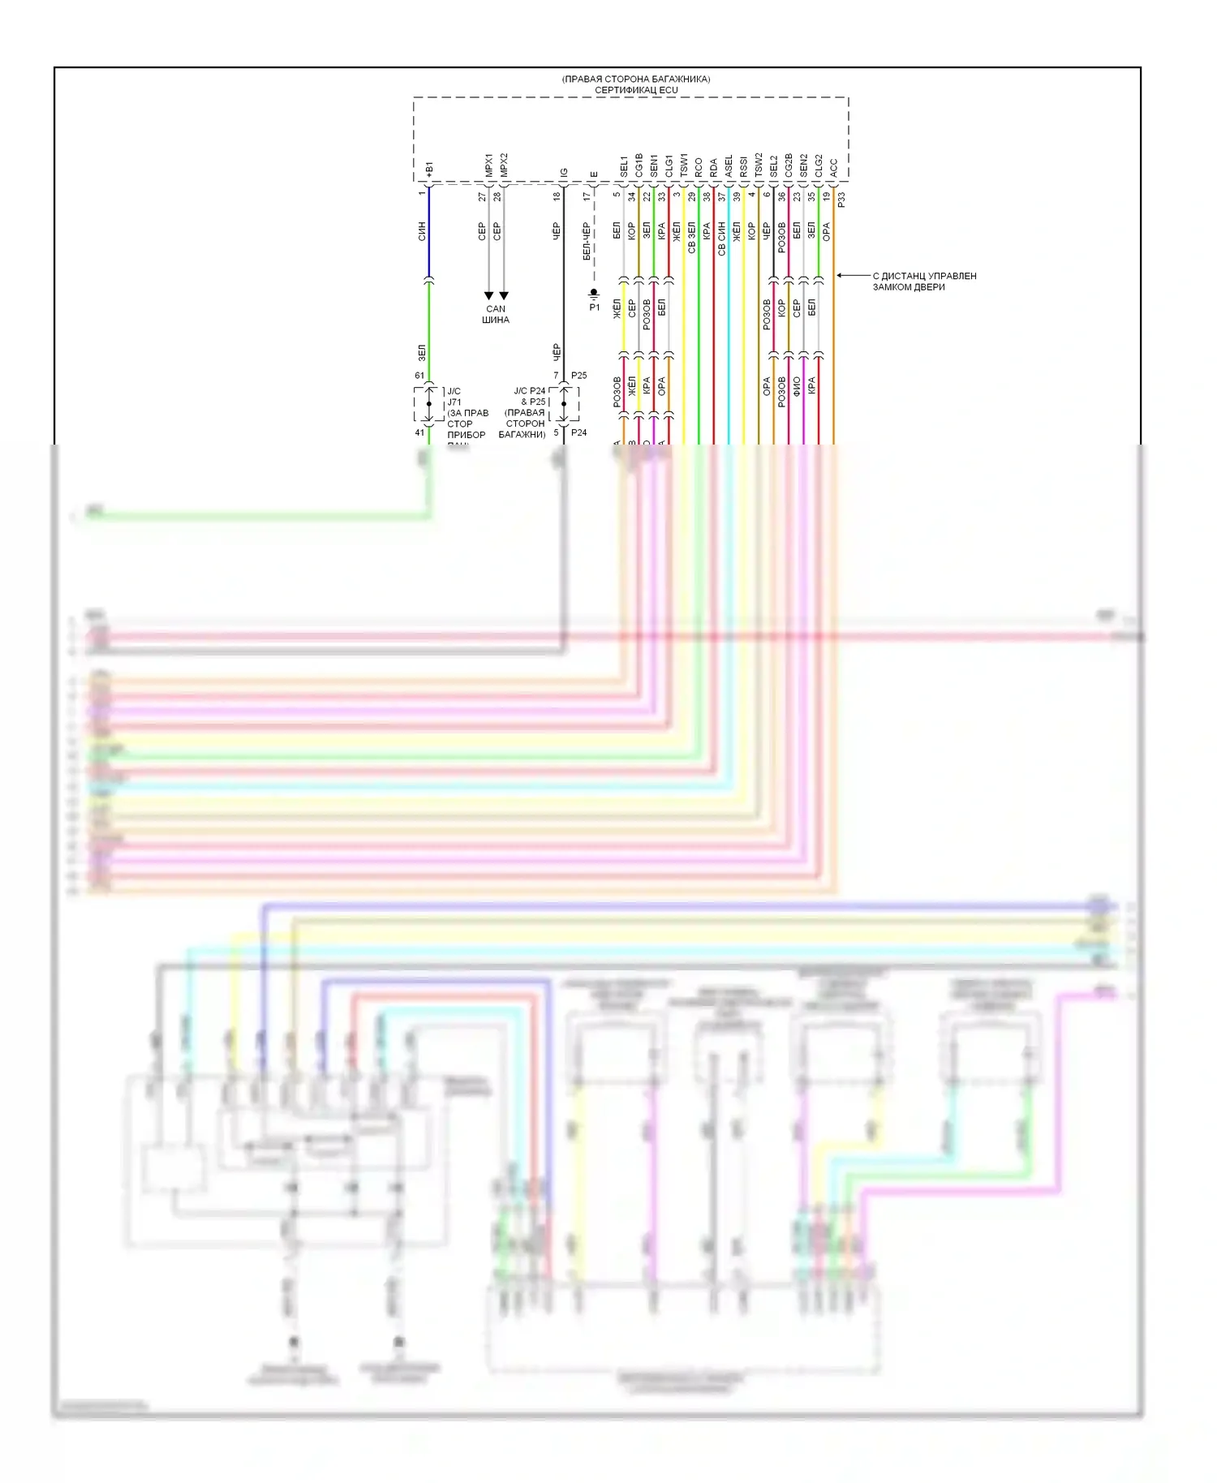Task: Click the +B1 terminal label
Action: coord(429,169)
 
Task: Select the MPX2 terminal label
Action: coord(504,165)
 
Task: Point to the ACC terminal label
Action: coord(834,168)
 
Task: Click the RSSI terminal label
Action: coord(744,166)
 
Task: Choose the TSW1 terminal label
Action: coord(684,165)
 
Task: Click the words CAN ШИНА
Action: coord(496,314)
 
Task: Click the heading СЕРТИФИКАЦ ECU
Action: coord(636,90)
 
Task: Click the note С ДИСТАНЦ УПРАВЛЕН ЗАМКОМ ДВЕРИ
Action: coord(924,282)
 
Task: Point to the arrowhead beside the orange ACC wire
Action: coord(840,276)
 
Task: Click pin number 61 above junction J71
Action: coord(419,376)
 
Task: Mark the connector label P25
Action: coord(578,376)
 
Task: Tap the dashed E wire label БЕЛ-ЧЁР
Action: coord(587,242)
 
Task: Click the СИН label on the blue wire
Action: coord(422,232)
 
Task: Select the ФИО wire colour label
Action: coord(797,386)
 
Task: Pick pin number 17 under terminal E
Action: coord(587,196)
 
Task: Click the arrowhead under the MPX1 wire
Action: coord(488,296)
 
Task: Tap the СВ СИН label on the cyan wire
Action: coord(721,239)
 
